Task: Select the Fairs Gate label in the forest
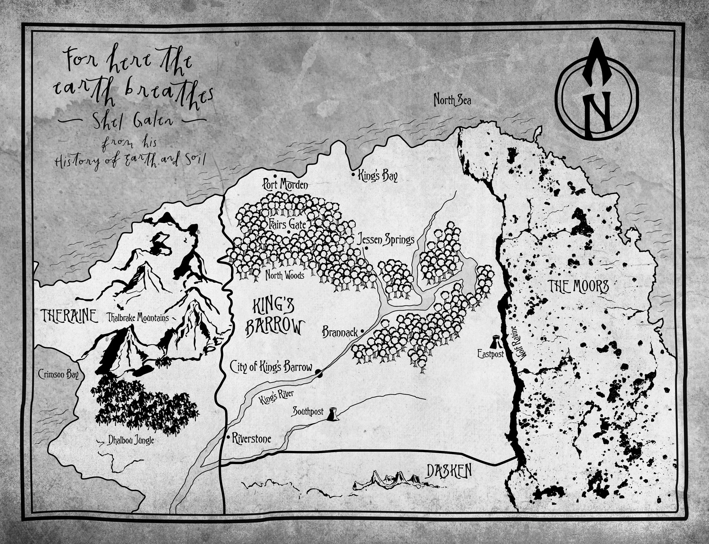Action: coord(288,224)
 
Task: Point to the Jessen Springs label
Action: coord(385,240)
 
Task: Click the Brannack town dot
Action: coord(362,331)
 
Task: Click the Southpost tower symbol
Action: coord(332,415)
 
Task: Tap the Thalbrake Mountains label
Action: coord(138,318)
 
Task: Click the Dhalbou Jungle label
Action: coord(131,440)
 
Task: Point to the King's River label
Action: coord(276,397)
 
